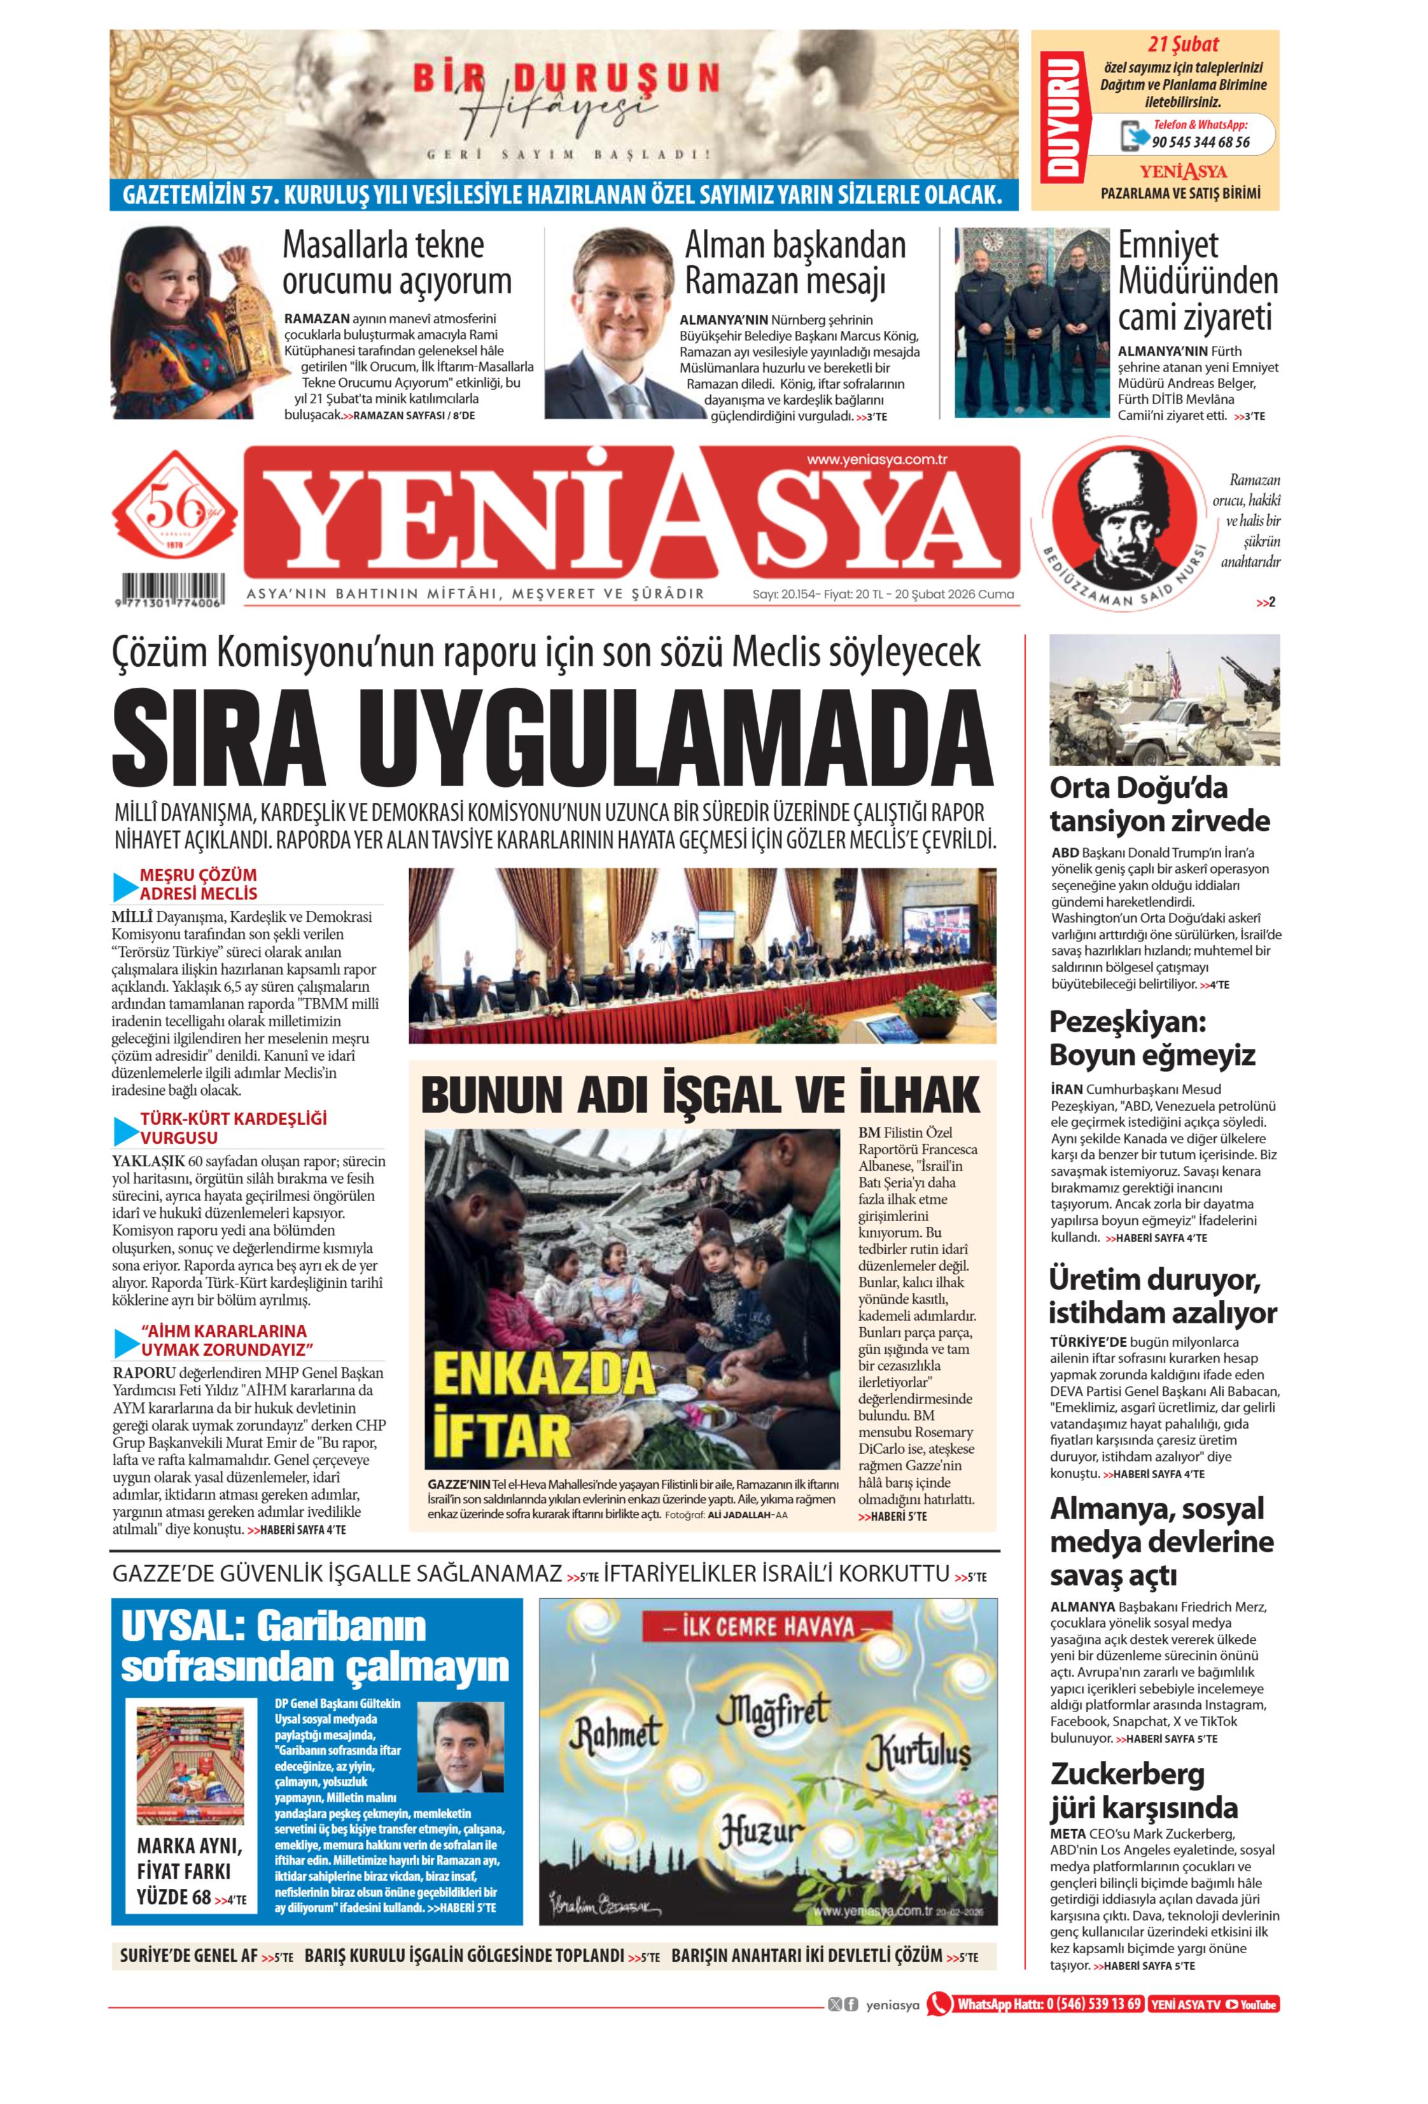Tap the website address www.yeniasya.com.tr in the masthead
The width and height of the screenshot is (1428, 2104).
pos(876,460)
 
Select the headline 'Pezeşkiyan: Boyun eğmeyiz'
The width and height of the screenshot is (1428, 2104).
pos(1152,1038)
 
